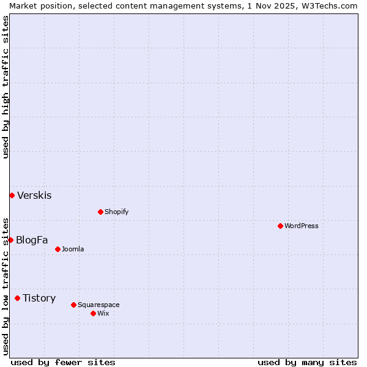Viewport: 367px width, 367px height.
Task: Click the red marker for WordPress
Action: [x=280, y=226]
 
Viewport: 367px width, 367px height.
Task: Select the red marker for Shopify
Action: [x=100, y=212]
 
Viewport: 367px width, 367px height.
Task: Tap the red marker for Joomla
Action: [x=57, y=249]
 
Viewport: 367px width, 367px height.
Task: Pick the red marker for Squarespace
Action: [x=73, y=305]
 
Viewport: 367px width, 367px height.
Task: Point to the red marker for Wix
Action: [x=93, y=313]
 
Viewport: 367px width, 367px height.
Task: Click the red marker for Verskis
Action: [x=12, y=195]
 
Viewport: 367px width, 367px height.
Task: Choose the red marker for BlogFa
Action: [x=10, y=240]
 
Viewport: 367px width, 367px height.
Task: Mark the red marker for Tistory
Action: [x=17, y=298]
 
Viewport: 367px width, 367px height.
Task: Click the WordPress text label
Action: [x=302, y=226]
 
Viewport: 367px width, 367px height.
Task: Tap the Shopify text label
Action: [x=117, y=212]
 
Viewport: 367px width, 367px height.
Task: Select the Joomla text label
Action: [x=73, y=249]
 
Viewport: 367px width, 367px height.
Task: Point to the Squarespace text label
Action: [x=98, y=305]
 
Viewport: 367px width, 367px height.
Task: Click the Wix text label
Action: [x=103, y=313]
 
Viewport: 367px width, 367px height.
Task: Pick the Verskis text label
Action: [x=34, y=196]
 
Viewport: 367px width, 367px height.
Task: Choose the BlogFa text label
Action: [x=32, y=240]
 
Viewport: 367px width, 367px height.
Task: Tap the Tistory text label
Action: [x=39, y=298]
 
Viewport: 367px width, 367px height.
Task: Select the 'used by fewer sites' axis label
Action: [x=63, y=362]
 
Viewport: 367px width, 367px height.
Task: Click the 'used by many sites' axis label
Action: [x=307, y=362]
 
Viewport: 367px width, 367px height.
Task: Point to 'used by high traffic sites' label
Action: [x=6, y=87]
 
